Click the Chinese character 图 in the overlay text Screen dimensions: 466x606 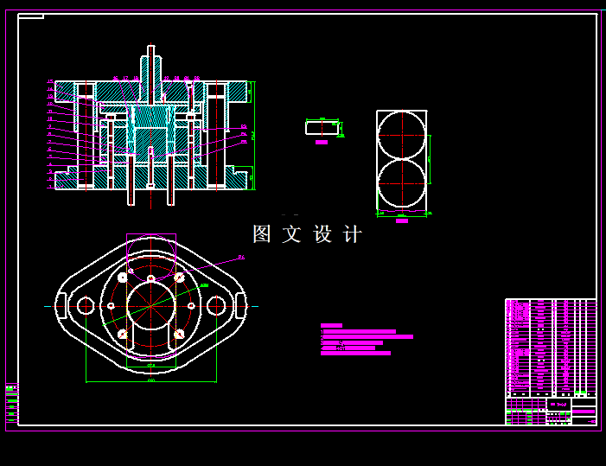click(x=262, y=234)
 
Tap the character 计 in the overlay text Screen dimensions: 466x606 click(x=353, y=234)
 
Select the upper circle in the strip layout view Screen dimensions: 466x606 click(x=401, y=136)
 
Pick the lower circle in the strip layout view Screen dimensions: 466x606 click(x=401, y=184)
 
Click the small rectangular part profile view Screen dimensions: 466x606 click(x=322, y=128)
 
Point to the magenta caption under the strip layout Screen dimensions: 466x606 click(x=401, y=221)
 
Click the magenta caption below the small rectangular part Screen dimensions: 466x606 click(x=322, y=142)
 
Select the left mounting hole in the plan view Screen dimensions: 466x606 click(x=86, y=305)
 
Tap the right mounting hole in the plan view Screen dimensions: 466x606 click(x=216, y=305)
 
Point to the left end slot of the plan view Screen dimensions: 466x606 click(x=61, y=305)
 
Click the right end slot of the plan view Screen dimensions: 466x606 click(x=240, y=305)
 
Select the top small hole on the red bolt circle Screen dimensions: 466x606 click(x=150, y=278)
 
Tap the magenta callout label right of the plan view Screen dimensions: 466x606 click(x=241, y=257)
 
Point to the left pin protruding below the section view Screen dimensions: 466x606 click(x=131, y=195)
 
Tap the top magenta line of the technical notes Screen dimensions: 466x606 click(x=331, y=325)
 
